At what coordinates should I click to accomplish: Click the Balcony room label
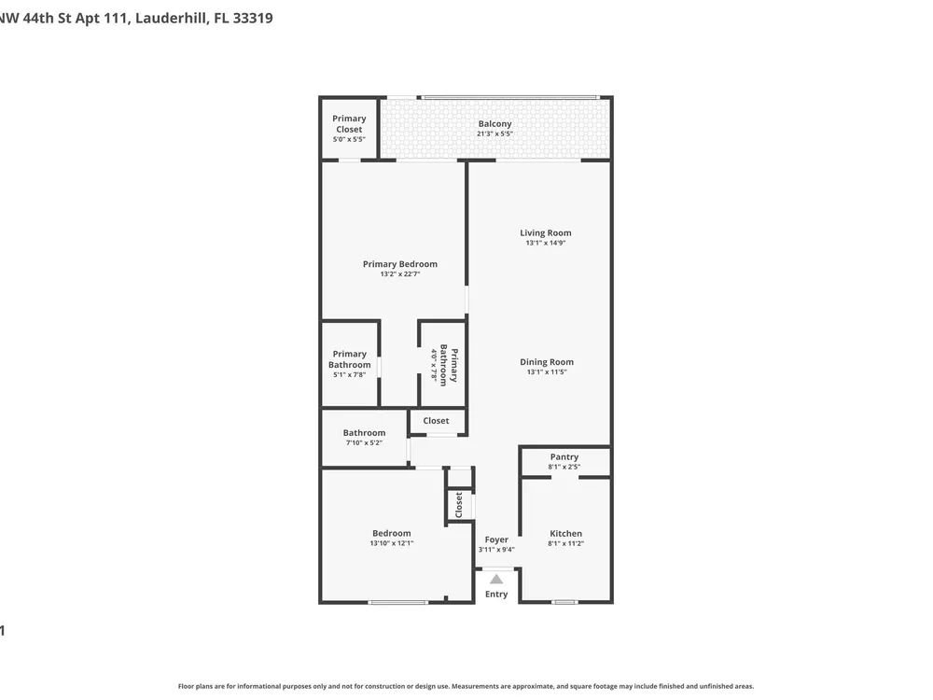point(495,124)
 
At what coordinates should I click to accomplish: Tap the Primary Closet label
point(349,124)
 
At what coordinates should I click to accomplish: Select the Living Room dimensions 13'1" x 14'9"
point(546,243)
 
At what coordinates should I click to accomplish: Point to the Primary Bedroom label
point(400,264)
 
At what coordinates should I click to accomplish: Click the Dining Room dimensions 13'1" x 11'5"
point(547,372)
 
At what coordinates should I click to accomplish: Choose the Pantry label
point(564,456)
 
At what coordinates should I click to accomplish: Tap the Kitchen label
point(566,533)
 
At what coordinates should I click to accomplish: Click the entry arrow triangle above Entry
point(496,579)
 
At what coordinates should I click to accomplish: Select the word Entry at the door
point(496,594)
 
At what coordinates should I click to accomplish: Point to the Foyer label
point(496,539)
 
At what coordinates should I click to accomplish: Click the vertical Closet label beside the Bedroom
point(459,505)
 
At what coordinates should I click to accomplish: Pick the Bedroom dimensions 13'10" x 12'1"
point(392,543)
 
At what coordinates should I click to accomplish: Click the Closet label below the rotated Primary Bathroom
point(436,420)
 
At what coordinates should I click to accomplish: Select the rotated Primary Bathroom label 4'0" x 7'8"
point(444,365)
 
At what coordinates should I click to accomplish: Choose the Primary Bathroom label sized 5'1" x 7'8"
point(349,364)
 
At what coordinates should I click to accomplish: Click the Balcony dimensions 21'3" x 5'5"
point(495,133)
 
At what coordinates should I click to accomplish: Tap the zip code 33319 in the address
point(253,18)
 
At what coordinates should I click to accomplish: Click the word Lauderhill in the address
point(172,18)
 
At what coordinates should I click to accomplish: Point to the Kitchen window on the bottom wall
point(564,602)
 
